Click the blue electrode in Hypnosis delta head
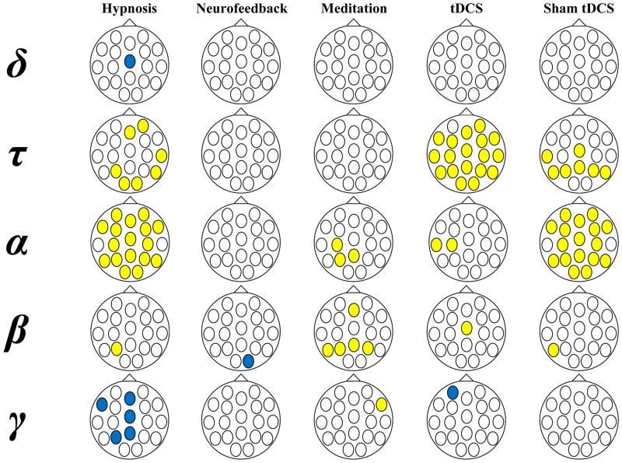pos(130,61)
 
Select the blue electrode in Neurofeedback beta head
pos(248,360)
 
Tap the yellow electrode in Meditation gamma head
pos(381,403)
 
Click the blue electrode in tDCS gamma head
pos(453,391)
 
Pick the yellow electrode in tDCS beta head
pos(466,328)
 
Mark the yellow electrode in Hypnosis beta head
pos(116,348)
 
